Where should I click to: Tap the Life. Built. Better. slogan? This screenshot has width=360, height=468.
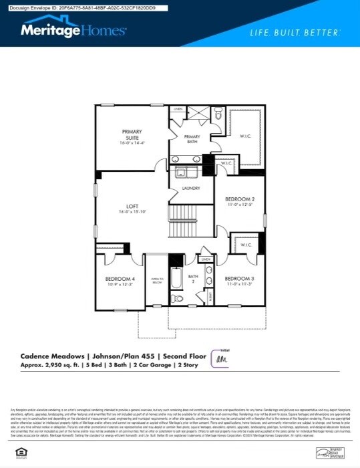pos(295,32)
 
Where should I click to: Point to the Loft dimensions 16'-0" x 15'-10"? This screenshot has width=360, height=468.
pos(132,212)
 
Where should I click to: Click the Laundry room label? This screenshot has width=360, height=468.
pos(191,189)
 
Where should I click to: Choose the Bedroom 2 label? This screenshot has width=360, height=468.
pos(240,201)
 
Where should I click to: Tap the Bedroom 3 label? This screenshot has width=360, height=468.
pos(240,279)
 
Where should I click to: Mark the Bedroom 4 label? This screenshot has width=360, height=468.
pos(120,279)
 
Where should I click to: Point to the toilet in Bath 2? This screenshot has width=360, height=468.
pos(177,299)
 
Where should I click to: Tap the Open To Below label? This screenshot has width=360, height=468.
pos(157,281)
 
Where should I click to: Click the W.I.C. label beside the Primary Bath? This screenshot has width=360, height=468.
pos(244,136)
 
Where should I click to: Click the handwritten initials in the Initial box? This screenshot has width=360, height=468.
pos(221,359)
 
